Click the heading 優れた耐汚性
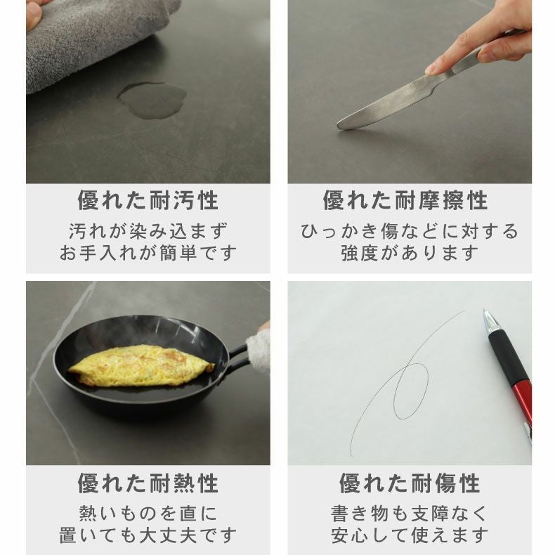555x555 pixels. (x=148, y=200)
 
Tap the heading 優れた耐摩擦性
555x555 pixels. (x=405, y=200)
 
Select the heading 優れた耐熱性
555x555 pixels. (x=148, y=483)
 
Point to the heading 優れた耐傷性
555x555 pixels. (x=410, y=483)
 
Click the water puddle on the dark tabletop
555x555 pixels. (x=152, y=100)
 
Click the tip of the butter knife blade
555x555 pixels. (x=340, y=125)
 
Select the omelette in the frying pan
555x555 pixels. (x=141, y=366)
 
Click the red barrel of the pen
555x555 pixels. (x=523, y=403)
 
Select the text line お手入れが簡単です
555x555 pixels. (x=148, y=253)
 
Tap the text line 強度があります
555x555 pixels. (x=410, y=253)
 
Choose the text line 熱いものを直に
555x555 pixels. (x=148, y=514)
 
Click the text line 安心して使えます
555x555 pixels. (x=410, y=535)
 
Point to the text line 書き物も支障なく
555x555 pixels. (x=410, y=514)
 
